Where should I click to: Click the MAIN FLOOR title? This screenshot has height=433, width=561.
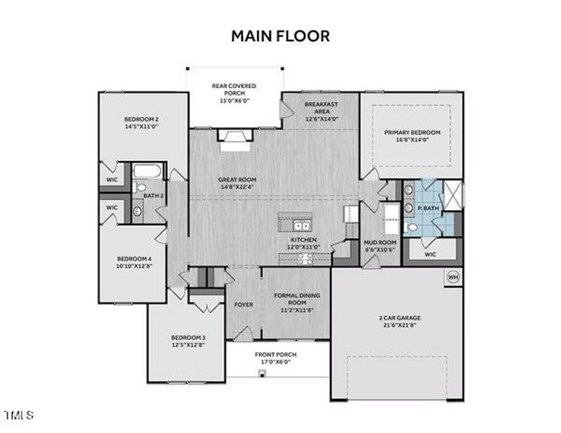coord(280,35)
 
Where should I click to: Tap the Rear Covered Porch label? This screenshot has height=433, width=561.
coord(233,90)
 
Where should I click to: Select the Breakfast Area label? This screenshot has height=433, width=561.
coord(321,109)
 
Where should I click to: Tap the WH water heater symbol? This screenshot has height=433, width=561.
coord(453,276)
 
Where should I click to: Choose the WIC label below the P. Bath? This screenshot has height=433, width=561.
coord(431,254)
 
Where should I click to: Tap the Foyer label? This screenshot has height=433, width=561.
coord(243,305)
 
